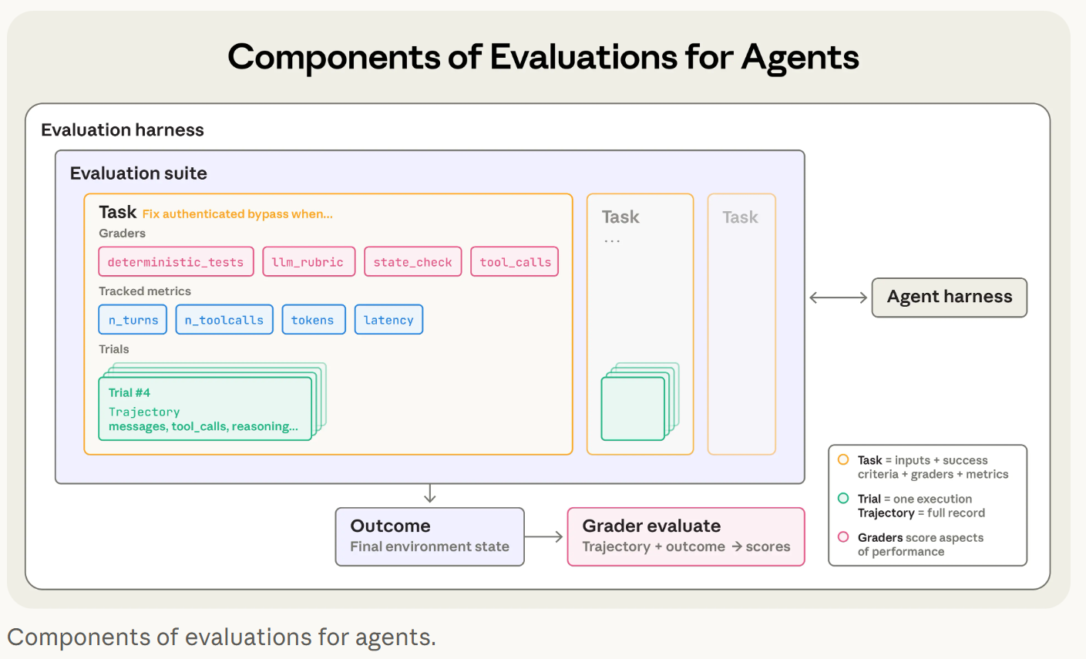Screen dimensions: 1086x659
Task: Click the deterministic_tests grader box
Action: pos(176,262)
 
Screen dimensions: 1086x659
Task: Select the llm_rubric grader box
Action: pos(309,262)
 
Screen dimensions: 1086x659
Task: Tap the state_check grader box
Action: pos(413,262)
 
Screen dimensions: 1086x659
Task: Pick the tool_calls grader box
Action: pos(514,262)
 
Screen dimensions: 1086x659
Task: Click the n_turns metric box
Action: pos(133,320)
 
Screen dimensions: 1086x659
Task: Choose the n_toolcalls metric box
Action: pos(224,320)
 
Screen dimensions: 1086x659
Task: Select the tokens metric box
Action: pos(314,320)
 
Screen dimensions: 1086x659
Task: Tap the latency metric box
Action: pos(388,320)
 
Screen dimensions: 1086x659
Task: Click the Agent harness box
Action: pos(950,298)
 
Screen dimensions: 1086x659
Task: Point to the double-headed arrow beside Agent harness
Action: pos(839,298)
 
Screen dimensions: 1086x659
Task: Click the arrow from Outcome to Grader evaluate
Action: pos(543,536)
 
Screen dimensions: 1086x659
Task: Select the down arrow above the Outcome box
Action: pos(430,493)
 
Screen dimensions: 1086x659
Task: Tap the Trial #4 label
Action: pos(129,393)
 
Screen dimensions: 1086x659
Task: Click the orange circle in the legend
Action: pos(843,459)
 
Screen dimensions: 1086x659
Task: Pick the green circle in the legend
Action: pos(843,498)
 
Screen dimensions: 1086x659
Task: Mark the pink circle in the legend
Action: pos(843,536)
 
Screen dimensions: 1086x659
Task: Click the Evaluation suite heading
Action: pos(139,173)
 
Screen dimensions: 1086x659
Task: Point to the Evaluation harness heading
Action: pos(123,130)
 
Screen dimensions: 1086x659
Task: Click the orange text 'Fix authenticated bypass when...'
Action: pos(237,214)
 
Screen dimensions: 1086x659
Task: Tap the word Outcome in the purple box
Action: pos(390,526)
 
